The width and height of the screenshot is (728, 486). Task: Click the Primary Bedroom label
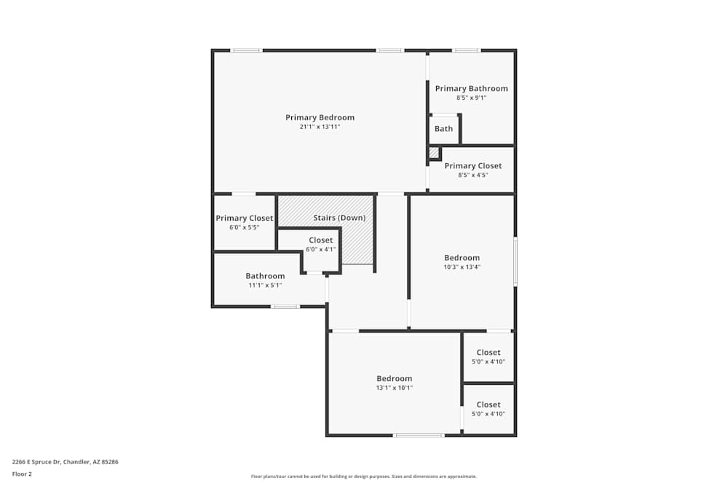click(320, 117)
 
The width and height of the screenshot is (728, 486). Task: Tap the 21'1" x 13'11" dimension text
click(320, 127)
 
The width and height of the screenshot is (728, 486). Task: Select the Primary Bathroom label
click(471, 89)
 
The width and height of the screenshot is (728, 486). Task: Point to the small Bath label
click(443, 129)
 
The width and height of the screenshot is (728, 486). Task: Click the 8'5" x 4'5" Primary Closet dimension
click(472, 175)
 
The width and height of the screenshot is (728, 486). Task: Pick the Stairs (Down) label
click(339, 218)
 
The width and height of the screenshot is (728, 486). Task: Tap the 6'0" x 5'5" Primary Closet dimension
click(244, 227)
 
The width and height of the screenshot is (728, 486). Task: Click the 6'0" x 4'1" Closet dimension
click(320, 249)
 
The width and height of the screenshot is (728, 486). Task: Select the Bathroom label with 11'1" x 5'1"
click(265, 276)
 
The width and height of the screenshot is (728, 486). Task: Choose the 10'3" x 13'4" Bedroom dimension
click(462, 267)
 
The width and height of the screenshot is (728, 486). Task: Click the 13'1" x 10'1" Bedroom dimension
click(394, 388)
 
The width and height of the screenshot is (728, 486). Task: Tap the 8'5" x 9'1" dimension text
click(471, 98)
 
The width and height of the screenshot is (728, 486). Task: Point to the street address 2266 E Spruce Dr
click(66, 462)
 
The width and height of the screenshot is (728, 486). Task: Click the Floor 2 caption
click(22, 474)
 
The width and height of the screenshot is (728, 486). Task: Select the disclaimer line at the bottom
click(363, 477)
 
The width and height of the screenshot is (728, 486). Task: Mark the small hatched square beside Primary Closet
click(434, 153)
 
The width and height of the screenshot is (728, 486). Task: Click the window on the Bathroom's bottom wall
click(285, 307)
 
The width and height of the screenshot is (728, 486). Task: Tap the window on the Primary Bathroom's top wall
click(466, 50)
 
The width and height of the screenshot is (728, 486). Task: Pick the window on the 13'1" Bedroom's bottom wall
click(419, 436)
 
